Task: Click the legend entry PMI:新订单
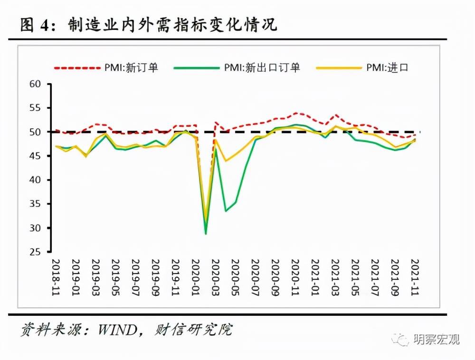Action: pos(131,67)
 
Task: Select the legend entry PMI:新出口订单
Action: pos(261,67)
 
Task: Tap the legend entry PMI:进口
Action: pos(387,67)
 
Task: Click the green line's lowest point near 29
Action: pos(206,233)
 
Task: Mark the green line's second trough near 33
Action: pos(226,210)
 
